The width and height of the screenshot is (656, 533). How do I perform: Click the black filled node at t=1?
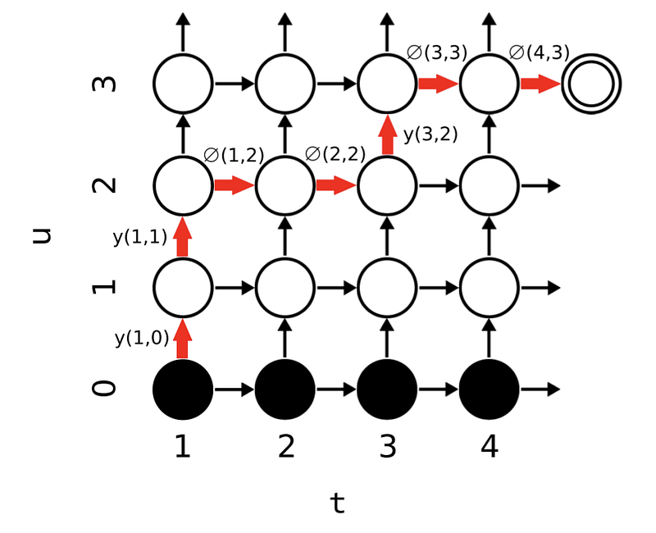[183, 389]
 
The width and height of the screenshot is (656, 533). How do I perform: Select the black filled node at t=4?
[489, 389]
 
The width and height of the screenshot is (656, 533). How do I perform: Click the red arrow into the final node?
[540, 84]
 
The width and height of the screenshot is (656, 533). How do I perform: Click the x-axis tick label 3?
[387, 446]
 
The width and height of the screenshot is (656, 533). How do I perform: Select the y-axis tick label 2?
[104, 185]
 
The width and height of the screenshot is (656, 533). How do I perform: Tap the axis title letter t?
[338, 503]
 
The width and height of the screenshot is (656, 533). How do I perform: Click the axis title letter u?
[42, 236]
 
